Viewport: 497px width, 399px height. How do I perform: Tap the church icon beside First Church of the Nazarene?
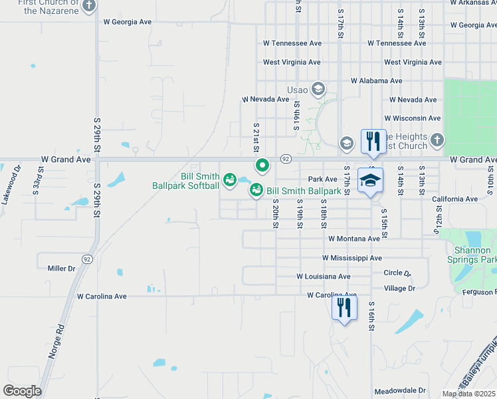(x=90, y=6)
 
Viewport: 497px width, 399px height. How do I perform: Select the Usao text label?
(x=297, y=90)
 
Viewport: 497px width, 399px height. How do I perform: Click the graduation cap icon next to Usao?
(x=318, y=89)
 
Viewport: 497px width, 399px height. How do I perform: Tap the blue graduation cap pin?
(x=371, y=180)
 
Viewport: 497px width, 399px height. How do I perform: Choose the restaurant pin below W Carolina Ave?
(x=344, y=307)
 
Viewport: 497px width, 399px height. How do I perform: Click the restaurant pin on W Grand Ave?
(x=373, y=141)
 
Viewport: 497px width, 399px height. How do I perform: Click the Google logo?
(x=22, y=391)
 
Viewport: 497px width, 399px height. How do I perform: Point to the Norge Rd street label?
(x=54, y=341)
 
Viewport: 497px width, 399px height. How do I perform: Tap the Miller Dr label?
(x=62, y=269)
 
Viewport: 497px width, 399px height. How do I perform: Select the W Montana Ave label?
(x=353, y=239)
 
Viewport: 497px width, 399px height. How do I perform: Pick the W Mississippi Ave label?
(x=351, y=258)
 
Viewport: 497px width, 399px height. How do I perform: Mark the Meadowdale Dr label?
(x=399, y=390)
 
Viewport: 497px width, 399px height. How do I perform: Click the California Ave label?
(x=454, y=199)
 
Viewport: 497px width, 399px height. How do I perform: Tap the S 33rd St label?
(x=41, y=179)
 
